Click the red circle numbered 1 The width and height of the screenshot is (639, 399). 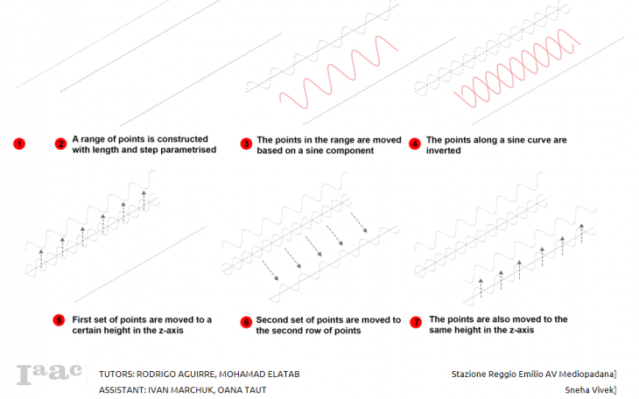[x=19, y=143]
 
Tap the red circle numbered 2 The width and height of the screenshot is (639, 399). [x=60, y=143]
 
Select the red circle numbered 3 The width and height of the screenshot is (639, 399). [x=246, y=143]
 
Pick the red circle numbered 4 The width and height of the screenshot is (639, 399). [x=415, y=143]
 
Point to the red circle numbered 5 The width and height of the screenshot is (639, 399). [x=60, y=320]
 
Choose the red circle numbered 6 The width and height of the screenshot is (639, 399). [x=246, y=322]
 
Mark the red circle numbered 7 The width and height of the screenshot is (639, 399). [x=416, y=322]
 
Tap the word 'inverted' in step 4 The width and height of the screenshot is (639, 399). [x=444, y=150]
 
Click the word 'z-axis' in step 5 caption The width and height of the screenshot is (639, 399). [x=171, y=330]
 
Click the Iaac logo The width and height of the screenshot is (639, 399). [x=49, y=374]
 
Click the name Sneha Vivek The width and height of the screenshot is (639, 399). [x=590, y=390]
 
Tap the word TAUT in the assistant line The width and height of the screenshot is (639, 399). [x=255, y=390]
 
